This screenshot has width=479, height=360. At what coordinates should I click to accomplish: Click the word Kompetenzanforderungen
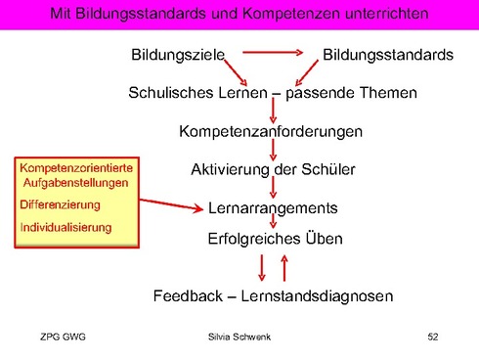pyautogui.click(x=271, y=130)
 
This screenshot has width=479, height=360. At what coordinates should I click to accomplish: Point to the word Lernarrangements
pyautogui.click(x=273, y=208)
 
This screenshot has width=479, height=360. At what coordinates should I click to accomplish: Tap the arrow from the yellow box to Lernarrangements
pyautogui.click(x=171, y=205)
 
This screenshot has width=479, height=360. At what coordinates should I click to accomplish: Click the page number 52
pyautogui.click(x=434, y=337)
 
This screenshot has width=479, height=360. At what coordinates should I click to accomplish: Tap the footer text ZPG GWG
pyautogui.click(x=65, y=337)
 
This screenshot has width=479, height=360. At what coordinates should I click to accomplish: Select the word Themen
pyautogui.click(x=388, y=93)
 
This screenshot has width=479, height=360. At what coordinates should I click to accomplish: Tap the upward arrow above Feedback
pyautogui.click(x=283, y=265)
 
